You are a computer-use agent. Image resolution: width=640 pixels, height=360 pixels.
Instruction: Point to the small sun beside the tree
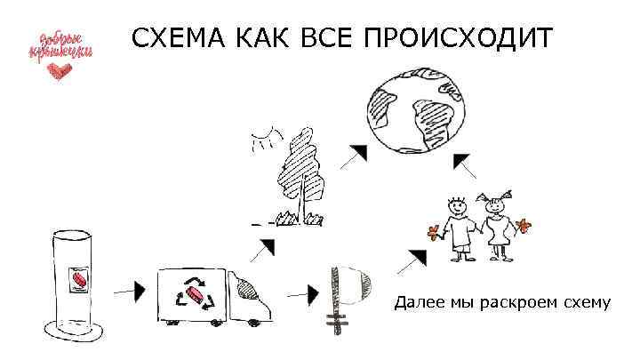click(260, 140)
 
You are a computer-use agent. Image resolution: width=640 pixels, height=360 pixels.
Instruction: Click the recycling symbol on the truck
click(196, 295)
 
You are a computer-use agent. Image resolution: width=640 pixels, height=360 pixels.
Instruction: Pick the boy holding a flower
click(458, 227)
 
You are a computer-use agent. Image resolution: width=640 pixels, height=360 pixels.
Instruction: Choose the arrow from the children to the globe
click(461, 163)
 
